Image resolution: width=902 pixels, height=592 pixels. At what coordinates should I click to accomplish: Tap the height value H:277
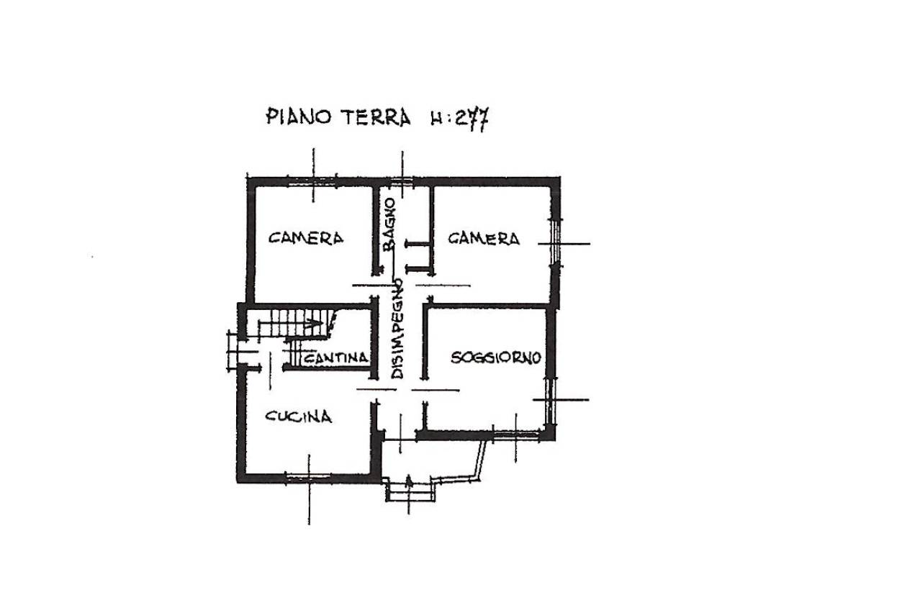point(460,119)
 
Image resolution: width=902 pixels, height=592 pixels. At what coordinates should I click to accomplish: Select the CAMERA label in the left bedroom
point(306,238)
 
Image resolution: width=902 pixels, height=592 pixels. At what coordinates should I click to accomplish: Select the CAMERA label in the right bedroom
point(484,238)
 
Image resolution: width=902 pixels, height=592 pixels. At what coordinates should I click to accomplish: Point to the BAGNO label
point(389,224)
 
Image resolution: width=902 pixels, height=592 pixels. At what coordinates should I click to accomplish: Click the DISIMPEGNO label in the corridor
point(397,329)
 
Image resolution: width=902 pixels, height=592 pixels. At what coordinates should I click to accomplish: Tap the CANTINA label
point(335,358)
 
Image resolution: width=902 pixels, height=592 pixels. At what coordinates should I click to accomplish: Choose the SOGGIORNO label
point(496,358)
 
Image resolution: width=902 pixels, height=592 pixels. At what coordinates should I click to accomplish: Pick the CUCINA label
point(298,416)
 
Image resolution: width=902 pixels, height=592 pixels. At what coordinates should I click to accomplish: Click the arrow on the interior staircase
point(291,323)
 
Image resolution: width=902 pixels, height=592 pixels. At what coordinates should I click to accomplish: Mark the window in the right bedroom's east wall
point(556,243)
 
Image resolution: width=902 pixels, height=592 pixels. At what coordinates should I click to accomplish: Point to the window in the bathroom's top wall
point(402,181)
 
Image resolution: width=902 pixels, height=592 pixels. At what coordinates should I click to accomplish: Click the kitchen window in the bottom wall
point(308,476)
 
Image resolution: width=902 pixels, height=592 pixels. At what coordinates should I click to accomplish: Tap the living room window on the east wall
point(551,401)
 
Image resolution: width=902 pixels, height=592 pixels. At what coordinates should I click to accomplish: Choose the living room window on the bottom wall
point(516,434)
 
